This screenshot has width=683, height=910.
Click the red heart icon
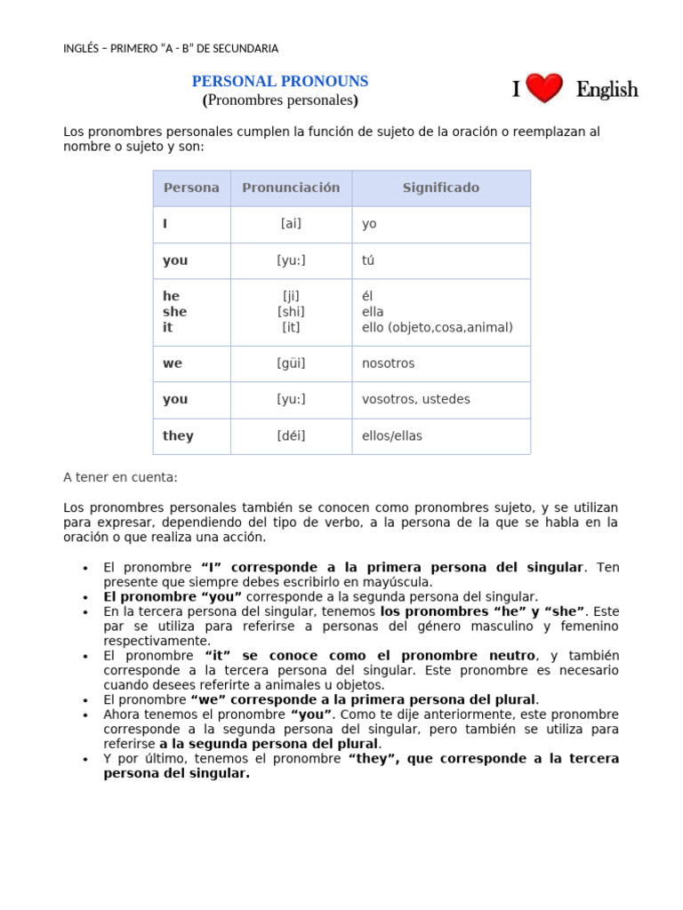543,89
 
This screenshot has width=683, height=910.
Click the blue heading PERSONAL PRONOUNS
280,81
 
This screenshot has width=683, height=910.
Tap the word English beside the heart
607,90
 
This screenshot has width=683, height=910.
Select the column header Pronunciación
291,188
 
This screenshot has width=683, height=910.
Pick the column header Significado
440,188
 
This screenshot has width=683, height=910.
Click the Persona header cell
191,188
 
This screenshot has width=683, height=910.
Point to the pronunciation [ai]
291,224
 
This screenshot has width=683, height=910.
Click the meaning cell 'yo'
369,224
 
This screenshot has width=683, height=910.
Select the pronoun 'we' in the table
173,363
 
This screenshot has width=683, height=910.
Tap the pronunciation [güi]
291,363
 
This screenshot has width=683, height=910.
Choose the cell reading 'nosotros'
388,363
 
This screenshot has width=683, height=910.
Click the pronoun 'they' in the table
178,435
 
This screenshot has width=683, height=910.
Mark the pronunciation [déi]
291,435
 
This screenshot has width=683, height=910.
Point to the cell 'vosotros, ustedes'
415,399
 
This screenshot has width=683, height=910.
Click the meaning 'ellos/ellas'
391,435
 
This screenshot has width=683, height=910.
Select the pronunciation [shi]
291,311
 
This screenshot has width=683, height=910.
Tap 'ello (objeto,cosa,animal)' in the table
437,327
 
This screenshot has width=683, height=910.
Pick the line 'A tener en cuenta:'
120,477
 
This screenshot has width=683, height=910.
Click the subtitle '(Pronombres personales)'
280,100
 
